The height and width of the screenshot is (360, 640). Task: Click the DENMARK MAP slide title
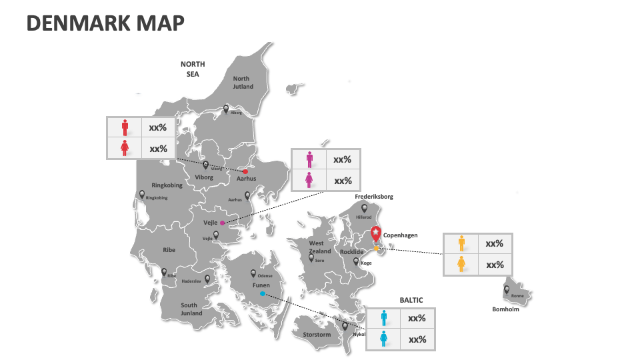tap(105, 23)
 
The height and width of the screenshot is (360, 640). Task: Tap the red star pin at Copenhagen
tap(376, 233)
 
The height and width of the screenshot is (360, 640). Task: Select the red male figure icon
tap(125, 127)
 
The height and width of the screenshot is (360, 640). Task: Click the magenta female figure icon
tap(309, 180)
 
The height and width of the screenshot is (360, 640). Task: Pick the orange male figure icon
tap(461, 243)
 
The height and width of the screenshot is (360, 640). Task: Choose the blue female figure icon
tap(383, 339)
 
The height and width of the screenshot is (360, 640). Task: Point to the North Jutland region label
tap(243, 83)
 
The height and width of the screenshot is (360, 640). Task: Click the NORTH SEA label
tap(193, 69)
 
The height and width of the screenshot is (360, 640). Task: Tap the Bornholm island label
tap(505, 309)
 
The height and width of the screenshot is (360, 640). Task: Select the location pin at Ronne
tap(507, 290)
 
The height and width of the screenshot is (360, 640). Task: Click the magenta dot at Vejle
tap(223, 223)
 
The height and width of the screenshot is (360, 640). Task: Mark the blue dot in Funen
tap(263, 294)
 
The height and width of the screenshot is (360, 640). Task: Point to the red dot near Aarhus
tap(245, 171)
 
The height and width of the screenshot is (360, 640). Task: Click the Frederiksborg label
tap(374, 197)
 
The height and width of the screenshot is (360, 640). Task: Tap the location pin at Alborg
tap(226, 108)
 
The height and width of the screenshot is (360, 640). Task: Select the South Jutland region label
tap(191, 309)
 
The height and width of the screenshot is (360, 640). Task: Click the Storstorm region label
tap(317, 335)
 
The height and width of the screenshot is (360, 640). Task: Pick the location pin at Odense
tap(253, 273)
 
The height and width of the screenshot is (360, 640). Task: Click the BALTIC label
tap(411, 301)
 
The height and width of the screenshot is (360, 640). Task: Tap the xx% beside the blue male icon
tap(417, 318)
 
